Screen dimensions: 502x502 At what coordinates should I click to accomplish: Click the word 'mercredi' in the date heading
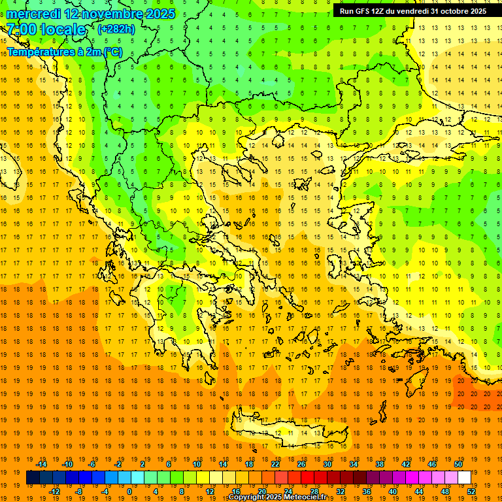(33, 14)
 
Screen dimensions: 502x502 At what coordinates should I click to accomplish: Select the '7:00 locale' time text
(46, 29)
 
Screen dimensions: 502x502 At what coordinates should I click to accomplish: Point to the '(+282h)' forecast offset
(116, 29)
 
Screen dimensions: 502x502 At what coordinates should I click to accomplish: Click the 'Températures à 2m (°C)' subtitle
(64, 52)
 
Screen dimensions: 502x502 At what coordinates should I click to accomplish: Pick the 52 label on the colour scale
(471, 492)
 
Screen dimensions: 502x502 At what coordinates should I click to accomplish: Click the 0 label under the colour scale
(129, 492)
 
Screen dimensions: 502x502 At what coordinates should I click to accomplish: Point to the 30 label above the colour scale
(327, 464)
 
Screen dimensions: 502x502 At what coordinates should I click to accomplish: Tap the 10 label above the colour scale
(196, 464)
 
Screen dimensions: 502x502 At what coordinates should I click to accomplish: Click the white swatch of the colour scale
(464, 478)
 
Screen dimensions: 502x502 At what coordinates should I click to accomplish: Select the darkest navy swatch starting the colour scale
(33, 478)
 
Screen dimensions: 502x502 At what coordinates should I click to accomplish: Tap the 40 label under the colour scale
(393, 492)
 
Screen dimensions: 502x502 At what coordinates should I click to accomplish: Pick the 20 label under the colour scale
(261, 492)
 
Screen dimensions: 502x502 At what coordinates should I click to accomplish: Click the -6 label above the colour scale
(92, 464)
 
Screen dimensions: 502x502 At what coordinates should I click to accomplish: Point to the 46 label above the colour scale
(431, 464)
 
